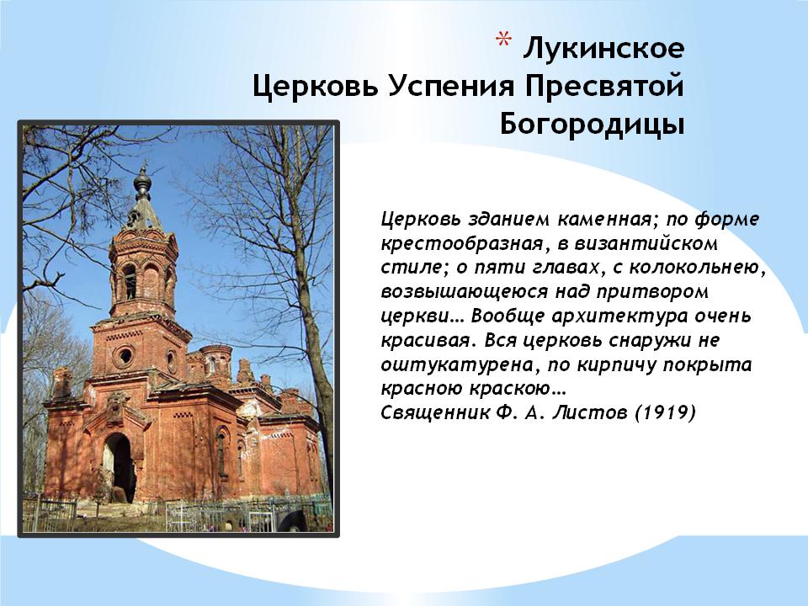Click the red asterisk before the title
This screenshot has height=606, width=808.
503,40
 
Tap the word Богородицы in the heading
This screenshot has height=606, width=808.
592,125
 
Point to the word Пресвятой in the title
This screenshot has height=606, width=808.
604,86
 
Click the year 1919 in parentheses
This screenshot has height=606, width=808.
665,412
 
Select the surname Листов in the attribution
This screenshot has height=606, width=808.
591,412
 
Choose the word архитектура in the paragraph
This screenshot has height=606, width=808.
619,316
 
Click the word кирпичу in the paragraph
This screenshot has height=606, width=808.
616,364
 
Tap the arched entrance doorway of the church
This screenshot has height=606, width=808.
118,466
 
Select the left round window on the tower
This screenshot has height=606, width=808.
125,355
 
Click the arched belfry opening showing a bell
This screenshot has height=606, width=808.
130,282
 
